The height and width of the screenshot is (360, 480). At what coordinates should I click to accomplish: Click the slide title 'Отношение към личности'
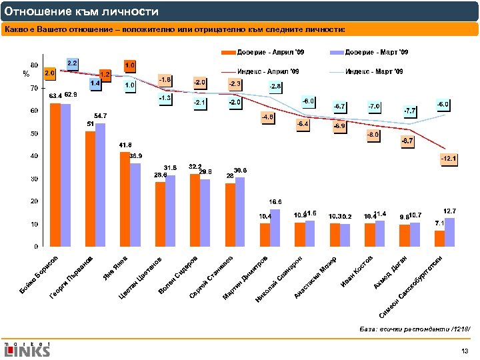pos(81,11)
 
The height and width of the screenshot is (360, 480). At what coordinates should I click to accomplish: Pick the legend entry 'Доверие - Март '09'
pos(377,52)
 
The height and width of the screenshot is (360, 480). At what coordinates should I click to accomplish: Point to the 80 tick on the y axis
pos(33,65)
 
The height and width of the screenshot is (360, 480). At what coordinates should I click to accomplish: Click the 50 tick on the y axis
pos(33,133)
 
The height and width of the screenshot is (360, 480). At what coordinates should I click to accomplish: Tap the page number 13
pos(465,351)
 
